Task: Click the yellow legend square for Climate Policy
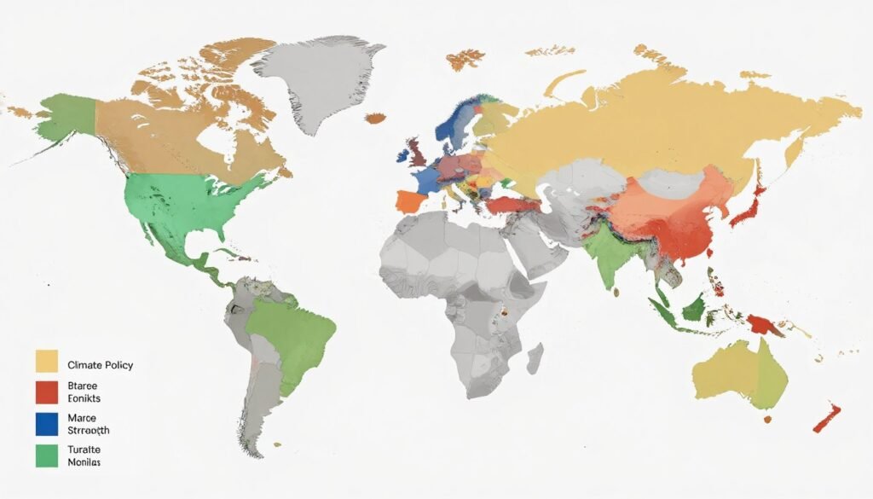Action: click(46, 361)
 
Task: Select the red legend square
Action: click(46, 392)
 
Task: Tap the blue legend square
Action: click(46, 424)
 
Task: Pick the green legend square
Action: click(46, 455)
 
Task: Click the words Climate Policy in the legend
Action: click(100, 365)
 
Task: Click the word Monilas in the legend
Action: click(84, 462)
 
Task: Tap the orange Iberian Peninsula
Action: click(409, 203)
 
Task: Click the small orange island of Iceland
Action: click(374, 118)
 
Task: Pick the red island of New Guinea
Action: click(760, 324)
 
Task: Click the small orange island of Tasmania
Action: click(766, 420)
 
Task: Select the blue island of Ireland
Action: click(401, 157)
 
